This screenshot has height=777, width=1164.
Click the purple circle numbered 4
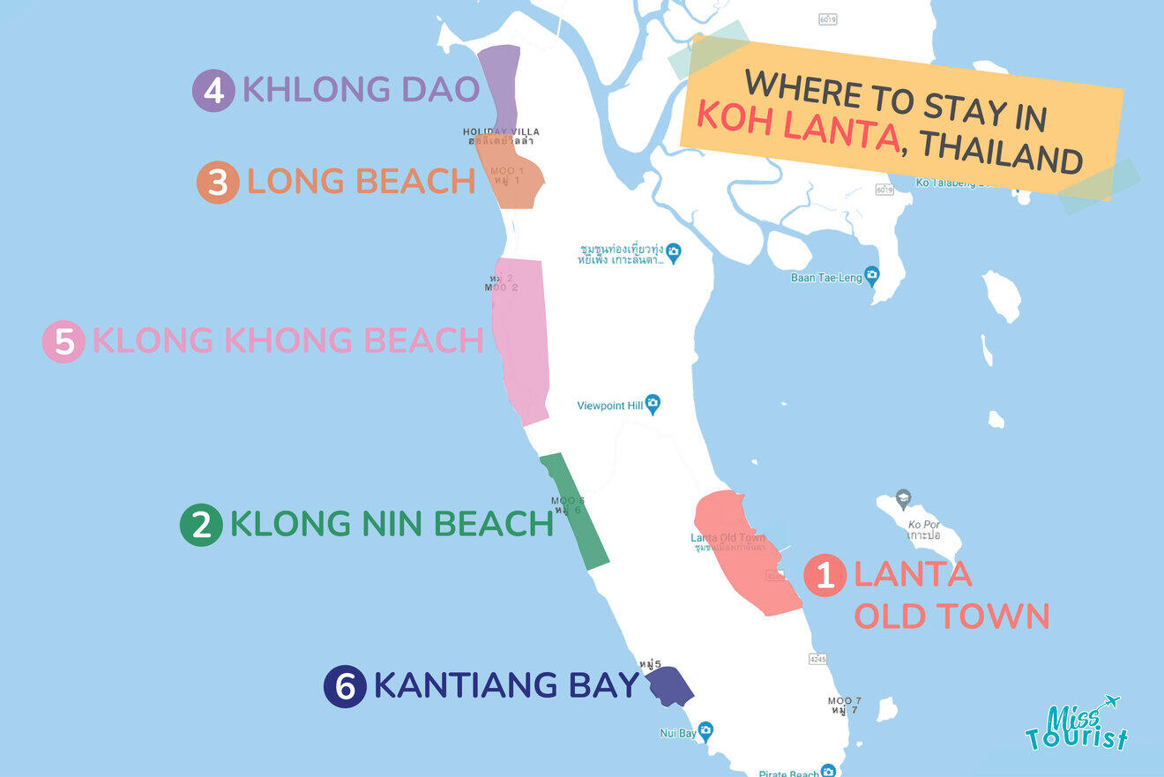(213, 91)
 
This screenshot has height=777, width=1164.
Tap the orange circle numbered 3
(218, 183)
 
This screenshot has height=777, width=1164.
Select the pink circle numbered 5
(63, 341)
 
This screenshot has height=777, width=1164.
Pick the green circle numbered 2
(201, 525)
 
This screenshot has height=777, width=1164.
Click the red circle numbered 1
(825, 575)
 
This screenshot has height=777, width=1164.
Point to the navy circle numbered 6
(345, 686)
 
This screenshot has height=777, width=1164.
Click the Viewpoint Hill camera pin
(653, 405)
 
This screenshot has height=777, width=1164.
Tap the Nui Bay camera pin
(705, 731)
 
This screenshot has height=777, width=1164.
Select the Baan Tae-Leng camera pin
(872, 275)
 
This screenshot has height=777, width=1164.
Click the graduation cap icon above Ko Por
(903, 498)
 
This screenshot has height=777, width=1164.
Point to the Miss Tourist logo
(1076, 725)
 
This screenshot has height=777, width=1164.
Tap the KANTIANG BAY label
(505, 685)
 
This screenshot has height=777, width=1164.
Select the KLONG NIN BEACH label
(391, 524)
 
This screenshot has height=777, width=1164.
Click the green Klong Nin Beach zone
(575, 512)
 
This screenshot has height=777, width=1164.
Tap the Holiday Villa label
(501, 132)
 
